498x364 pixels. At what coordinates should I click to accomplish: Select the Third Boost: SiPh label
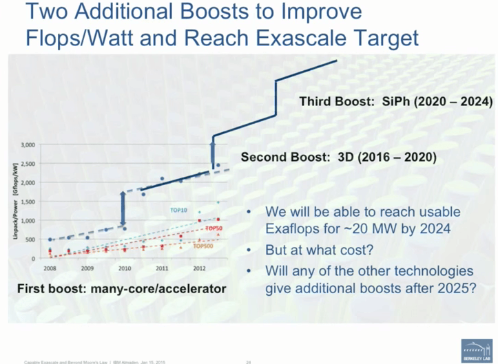[395, 102]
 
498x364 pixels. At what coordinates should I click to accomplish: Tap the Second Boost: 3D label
[338, 157]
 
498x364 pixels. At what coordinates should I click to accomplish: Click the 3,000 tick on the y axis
[26, 145]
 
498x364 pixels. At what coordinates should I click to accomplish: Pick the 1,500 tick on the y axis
[26, 202]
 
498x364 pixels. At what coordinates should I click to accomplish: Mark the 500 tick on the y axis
[29, 239]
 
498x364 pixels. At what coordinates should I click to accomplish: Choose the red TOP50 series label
[214, 228]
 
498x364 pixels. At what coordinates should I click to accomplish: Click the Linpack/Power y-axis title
[13, 201]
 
